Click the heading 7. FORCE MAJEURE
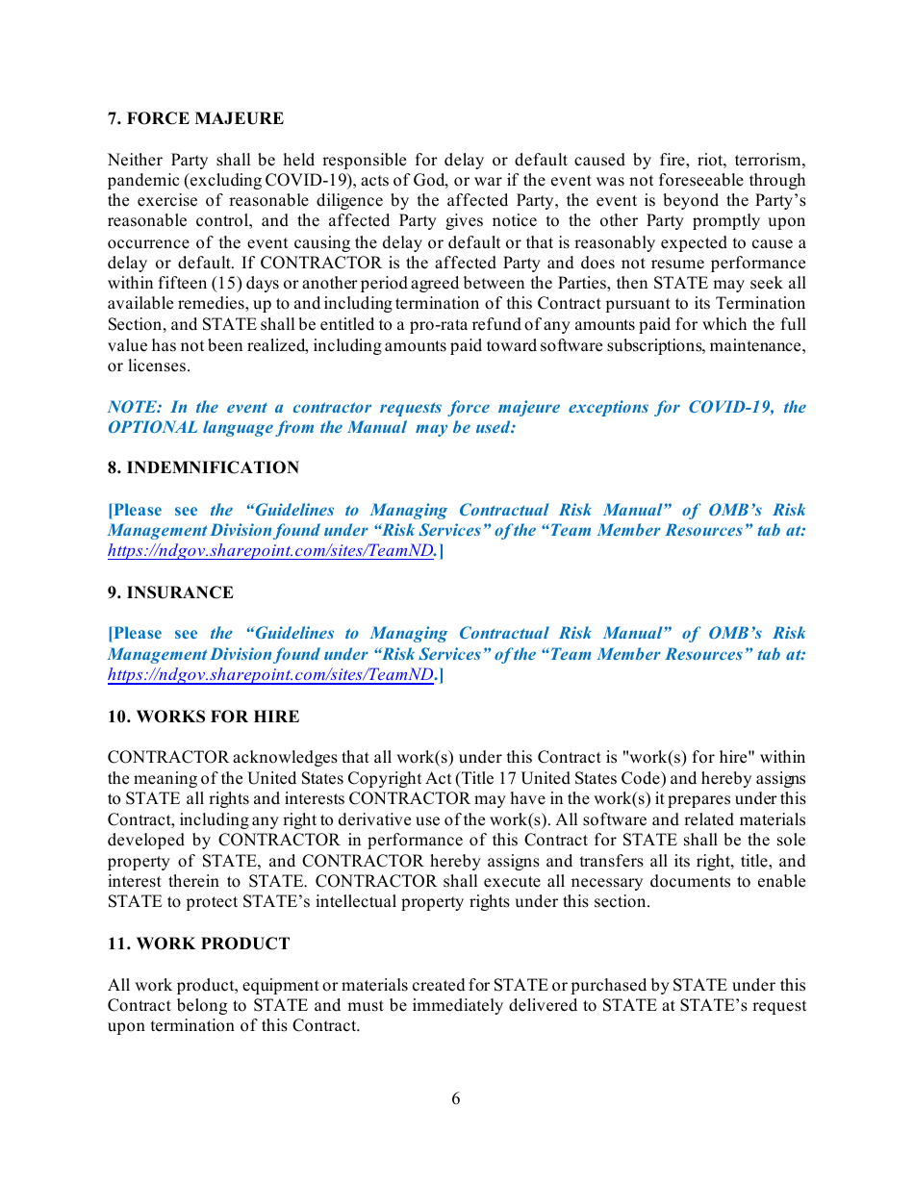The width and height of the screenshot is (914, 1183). tap(195, 119)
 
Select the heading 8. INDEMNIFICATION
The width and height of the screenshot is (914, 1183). tap(203, 468)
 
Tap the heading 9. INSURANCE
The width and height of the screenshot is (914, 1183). tap(170, 592)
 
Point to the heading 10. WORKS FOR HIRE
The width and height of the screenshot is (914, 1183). tap(203, 717)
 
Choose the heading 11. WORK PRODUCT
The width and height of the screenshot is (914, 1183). tap(198, 944)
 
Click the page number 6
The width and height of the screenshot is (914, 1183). tap(456, 1098)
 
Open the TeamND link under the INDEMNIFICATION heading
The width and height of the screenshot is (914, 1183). tap(270, 551)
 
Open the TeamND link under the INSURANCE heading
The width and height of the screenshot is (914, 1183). tap(270, 674)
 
